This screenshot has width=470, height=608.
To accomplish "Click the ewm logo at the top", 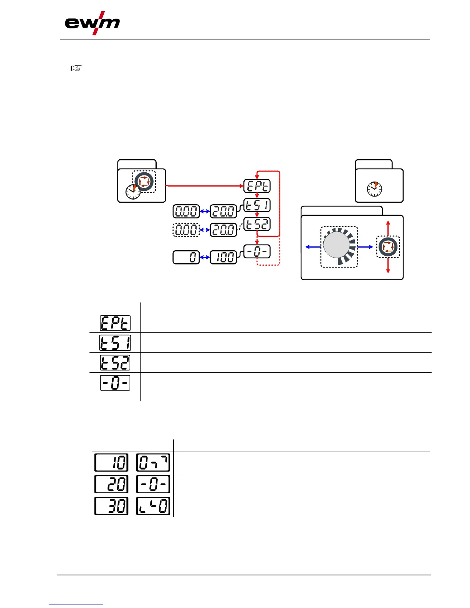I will point(92,24).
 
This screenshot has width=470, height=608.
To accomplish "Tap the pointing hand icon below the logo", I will point(76,68).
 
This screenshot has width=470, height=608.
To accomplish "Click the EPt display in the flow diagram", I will point(257,186).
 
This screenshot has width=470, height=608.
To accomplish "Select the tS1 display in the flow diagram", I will point(257,205).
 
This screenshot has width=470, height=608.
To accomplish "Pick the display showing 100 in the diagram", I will point(223,257).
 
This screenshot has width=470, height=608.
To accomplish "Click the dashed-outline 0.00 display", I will point(186,230).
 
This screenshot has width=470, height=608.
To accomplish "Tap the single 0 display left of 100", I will point(186,257).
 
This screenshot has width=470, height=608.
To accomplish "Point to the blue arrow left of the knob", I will point(313,247).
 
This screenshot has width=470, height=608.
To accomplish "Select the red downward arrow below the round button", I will point(388,266).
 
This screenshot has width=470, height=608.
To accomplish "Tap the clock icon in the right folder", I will point(374,188).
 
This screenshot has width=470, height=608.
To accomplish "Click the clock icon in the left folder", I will point(132,191).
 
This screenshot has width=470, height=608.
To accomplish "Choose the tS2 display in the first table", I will point(115,363).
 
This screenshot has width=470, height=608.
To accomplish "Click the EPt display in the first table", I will point(115,323).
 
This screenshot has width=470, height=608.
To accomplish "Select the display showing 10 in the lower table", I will point(111,462).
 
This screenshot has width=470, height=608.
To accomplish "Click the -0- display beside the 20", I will point(153,484).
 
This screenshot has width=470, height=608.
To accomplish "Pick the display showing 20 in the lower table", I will point(111,484).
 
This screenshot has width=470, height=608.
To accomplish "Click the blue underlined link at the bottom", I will point(76,605).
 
